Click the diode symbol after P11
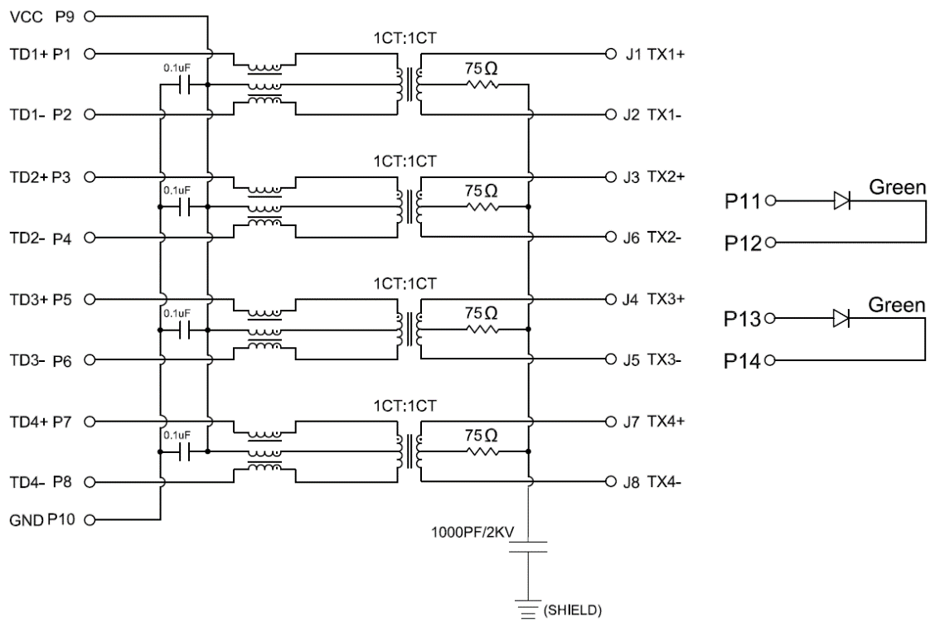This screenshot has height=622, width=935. tap(841, 200)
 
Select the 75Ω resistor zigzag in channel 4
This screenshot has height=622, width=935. tap(480, 451)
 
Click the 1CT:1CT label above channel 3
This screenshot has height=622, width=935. tap(404, 283)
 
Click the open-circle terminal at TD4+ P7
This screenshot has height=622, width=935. tap(89, 421)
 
